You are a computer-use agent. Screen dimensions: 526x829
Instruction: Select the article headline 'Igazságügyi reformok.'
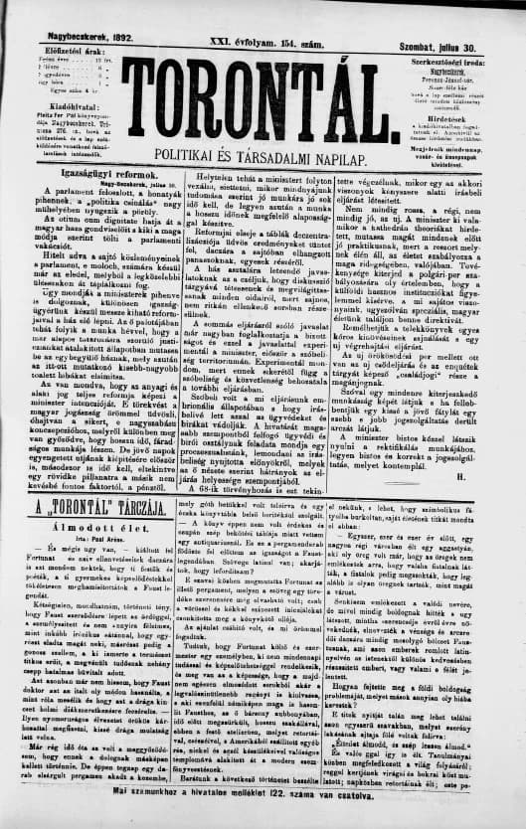click(88, 171)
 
